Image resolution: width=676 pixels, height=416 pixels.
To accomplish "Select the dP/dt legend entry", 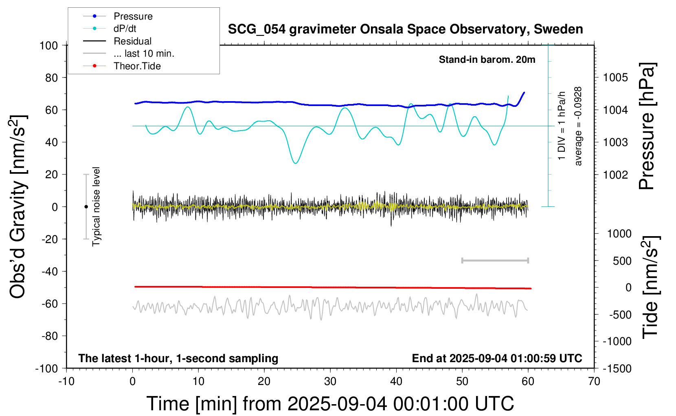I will pyautogui.click(x=125, y=29).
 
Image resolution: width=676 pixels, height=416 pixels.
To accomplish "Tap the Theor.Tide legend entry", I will pyautogui.click(x=137, y=66).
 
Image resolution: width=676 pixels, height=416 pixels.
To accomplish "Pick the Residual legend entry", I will pyautogui.click(x=132, y=41).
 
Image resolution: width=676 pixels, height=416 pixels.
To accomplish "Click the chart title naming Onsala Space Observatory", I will pyautogui.click(x=405, y=29).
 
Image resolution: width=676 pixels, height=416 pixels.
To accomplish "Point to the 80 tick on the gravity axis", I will pyautogui.click(x=51, y=77).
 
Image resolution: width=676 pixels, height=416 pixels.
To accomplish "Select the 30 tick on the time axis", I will pyautogui.click(x=330, y=381).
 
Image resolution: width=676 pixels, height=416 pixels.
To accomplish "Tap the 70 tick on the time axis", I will pyautogui.click(x=594, y=381).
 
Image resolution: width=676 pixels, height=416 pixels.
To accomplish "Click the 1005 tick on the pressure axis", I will pyautogui.click(x=615, y=77).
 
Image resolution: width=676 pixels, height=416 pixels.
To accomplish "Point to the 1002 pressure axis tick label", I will pyautogui.click(x=615, y=175).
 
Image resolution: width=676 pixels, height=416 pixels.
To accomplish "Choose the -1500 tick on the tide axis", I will pyautogui.click(x=617, y=368).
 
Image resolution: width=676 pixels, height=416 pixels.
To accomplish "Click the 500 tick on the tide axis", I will pyautogui.click(x=622, y=261).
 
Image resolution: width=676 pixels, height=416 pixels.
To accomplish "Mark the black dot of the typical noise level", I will pyautogui.click(x=86, y=207).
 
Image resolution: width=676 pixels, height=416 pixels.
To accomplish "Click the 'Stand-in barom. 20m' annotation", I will pyautogui.click(x=487, y=60).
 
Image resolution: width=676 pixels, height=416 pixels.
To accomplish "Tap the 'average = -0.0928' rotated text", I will pyautogui.click(x=578, y=126).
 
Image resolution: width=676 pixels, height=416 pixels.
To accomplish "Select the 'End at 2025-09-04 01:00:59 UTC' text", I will pyautogui.click(x=497, y=358).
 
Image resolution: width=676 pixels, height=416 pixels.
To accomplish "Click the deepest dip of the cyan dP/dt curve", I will pyautogui.click(x=296, y=163).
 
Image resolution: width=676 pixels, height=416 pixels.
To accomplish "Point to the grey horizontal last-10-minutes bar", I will pyautogui.click(x=495, y=260).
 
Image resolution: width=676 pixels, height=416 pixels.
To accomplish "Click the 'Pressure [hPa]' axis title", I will pyautogui.click(x=647, y=126).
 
